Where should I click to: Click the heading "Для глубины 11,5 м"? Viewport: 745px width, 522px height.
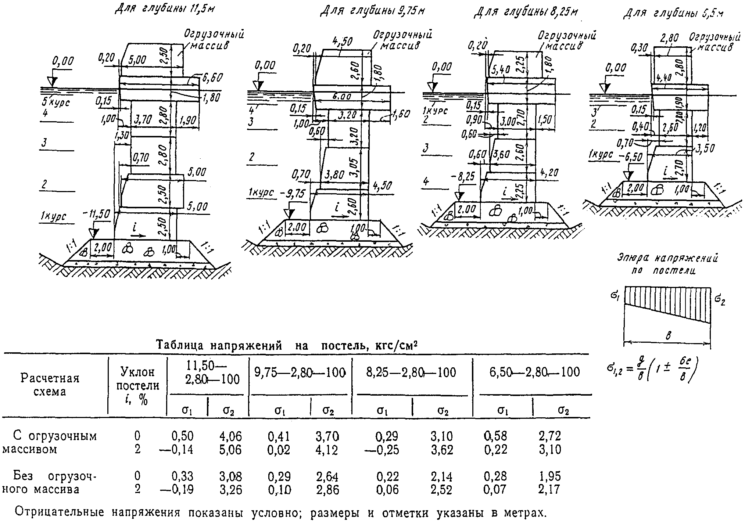click(x=164, y=9)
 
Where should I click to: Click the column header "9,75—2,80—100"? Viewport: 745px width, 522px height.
click(x=300, y=372)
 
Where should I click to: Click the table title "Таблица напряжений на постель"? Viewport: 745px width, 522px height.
click(x=288, y=346)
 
